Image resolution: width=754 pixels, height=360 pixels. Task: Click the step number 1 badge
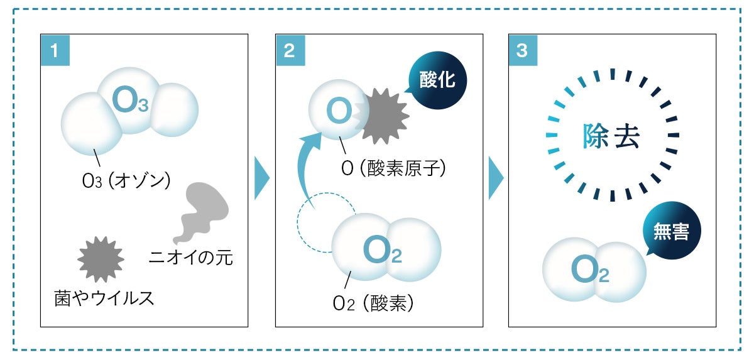click(x=55, y=50)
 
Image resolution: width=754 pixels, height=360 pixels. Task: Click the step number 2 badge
click(x=290, y=50)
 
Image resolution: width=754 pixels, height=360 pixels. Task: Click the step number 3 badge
click(x=522, y=50)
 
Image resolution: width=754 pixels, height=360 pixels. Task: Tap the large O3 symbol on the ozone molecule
click(x=130, y=101)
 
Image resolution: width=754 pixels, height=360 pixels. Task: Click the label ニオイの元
click(x=191, y=257)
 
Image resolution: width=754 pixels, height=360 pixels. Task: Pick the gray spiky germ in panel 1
click(x=101, y=259)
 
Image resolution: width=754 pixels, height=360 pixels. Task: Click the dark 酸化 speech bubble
click(x=437, y=82)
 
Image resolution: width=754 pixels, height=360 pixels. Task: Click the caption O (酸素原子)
click(x=390, y=168)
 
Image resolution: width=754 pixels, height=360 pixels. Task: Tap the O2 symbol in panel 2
click(x=382, y=251)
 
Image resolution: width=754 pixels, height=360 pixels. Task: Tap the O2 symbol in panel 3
click(x=590, y=270)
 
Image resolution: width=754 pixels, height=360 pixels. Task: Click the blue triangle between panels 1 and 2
click(x=261, y=179)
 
